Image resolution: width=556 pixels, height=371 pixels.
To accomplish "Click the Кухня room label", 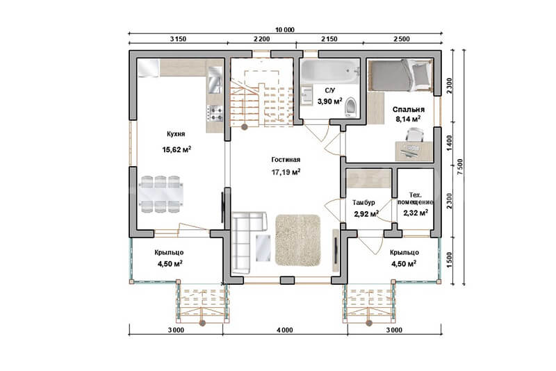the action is [x=176, y=134].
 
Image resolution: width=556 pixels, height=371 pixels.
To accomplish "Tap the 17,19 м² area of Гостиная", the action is [x=286, y=172].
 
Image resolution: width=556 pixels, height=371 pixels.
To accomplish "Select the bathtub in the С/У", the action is [x=329, y=72].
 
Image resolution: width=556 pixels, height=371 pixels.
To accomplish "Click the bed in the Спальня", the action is [x=401, y=75].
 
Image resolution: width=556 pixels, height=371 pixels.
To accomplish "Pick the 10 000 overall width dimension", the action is [x=285, y=30].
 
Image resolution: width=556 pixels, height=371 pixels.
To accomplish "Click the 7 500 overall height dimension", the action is [x=460, y=167].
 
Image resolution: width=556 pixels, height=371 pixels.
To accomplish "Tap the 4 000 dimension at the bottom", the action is [x=285, y=330].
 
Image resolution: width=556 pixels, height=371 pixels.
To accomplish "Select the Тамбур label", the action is [x=363, y=203].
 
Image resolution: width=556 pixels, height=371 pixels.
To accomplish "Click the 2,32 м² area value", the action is [x=415, y=213].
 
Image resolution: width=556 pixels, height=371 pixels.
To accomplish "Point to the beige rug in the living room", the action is [x=298, y=240].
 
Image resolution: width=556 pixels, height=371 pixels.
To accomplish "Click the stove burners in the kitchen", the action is [x=215, y=113].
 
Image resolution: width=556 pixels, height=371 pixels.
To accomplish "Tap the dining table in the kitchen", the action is [x=161, y=194].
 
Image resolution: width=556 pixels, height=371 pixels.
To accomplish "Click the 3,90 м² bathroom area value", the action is [x=329, y=101].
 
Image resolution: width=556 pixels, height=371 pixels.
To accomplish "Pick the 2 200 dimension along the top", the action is [x=262, y=39].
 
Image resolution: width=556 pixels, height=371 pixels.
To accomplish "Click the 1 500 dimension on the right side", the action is [x=450, y=259].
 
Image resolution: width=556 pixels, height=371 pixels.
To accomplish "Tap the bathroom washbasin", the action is [x=306, y=95].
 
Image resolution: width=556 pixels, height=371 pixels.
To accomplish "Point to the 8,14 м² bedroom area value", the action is [x=408, y=119].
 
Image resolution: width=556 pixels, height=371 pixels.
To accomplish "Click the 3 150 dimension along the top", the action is [x=178, y=39].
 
